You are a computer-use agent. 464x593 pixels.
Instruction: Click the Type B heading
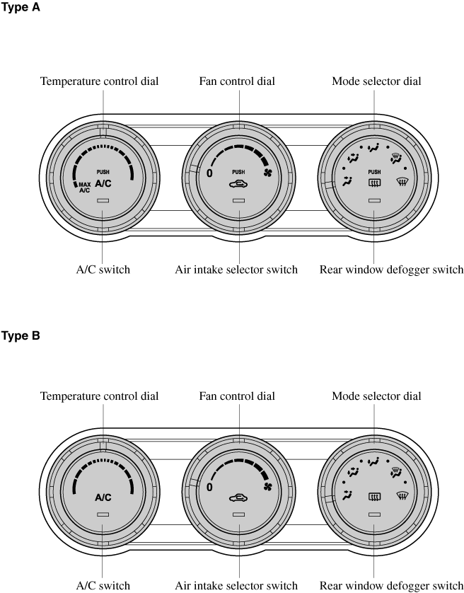[20, 335]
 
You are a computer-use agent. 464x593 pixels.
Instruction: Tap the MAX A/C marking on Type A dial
[84, 188]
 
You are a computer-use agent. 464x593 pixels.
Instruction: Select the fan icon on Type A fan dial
[267, 173]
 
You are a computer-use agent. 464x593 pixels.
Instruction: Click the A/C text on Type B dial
[103, 497]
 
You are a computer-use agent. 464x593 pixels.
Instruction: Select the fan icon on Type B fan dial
[267, 487]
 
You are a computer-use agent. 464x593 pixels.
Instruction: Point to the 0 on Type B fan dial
[209, 488]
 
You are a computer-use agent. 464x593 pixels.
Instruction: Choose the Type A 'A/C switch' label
[103, 270]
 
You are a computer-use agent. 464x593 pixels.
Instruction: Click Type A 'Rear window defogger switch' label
[391, 270]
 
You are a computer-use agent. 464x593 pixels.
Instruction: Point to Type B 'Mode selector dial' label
[376, 396]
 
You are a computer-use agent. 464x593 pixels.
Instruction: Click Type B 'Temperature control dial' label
[99, 396]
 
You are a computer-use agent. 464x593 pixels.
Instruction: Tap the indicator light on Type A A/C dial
[103, 201]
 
